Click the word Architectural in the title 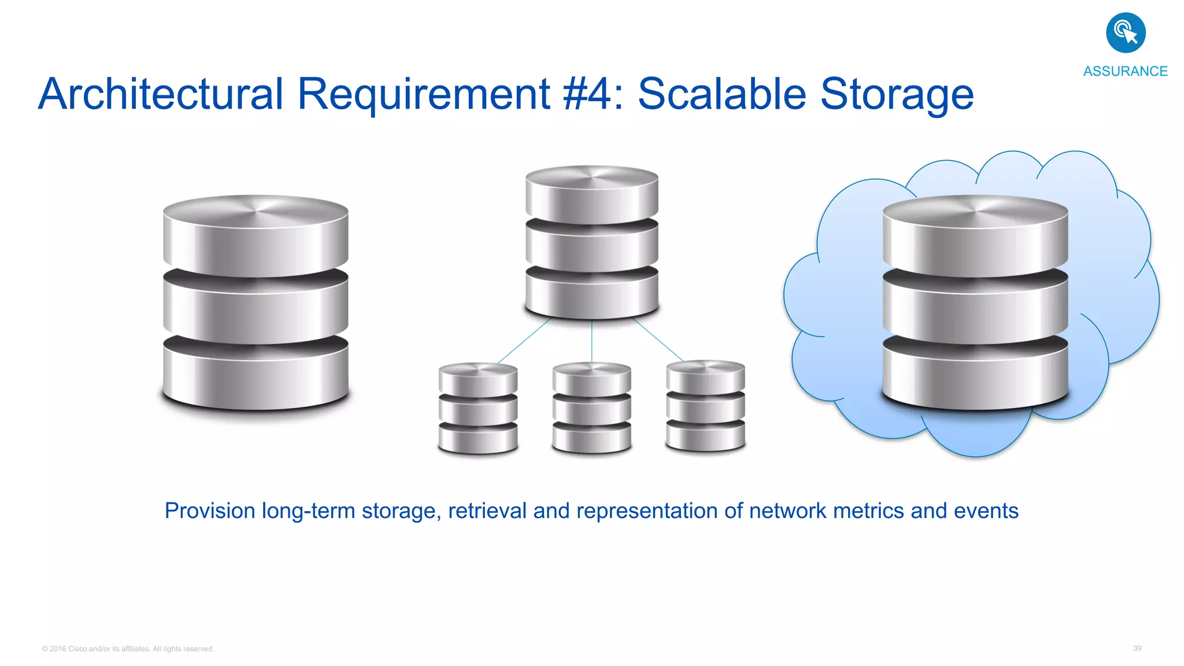[x=161, y=94]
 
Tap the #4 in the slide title [x=587, y=94]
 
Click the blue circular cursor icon [x=1126, y=33]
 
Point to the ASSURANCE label [x=1125, y=71]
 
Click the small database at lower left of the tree [x=478, y=408]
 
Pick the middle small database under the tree [x=591, y=408]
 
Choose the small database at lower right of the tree [x=705, y=406]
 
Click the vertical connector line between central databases [x=591, y=341]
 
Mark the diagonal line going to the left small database [x=523, y=341]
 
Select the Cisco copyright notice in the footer [x=128, y=649]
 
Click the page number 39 [x=1137, y=648]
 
